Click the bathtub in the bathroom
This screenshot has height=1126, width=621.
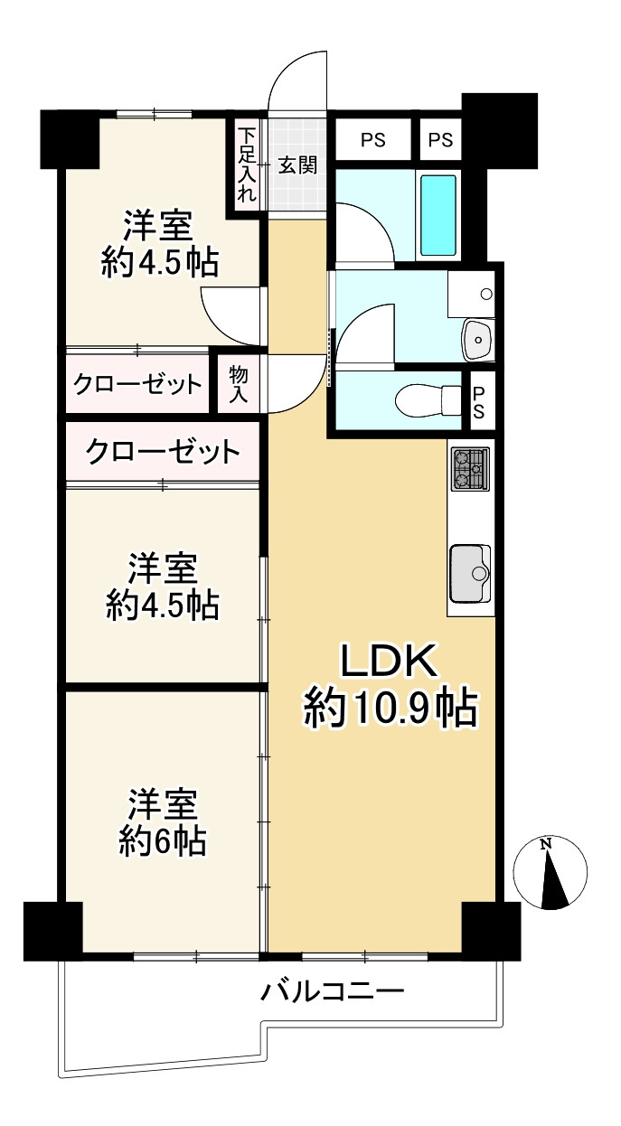(x=438, y=216)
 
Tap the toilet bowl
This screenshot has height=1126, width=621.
(x=428, y=400)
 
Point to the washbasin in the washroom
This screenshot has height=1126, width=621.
(x=478, y=339)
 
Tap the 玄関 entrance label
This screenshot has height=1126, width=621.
(x=297, y=164)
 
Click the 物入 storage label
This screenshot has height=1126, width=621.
(x=238, y=384)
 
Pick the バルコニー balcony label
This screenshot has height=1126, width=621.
(x=332, y=991)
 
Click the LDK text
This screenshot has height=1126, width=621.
(x=388, y=661)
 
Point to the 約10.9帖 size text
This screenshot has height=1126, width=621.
(x=390, y=708)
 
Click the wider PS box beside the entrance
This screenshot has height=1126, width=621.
(x=372, y=139)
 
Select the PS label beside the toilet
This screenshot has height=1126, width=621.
(x=478, y=402)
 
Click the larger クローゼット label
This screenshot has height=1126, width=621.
(x=162, y=452)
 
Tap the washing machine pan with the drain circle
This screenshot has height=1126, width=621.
(x=471, y=294)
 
